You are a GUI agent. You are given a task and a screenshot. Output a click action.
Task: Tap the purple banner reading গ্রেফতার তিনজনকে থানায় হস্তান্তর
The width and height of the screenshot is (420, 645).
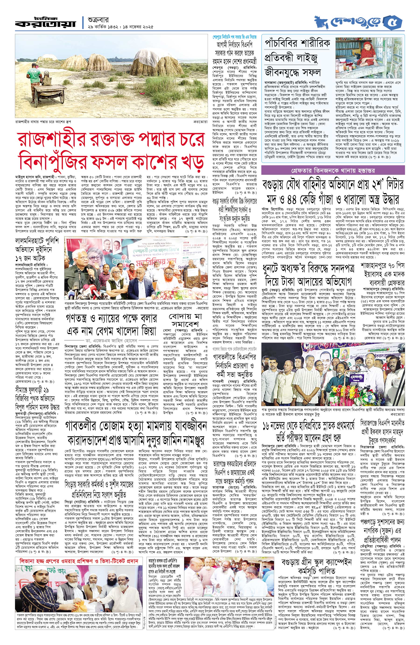(333, 170)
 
